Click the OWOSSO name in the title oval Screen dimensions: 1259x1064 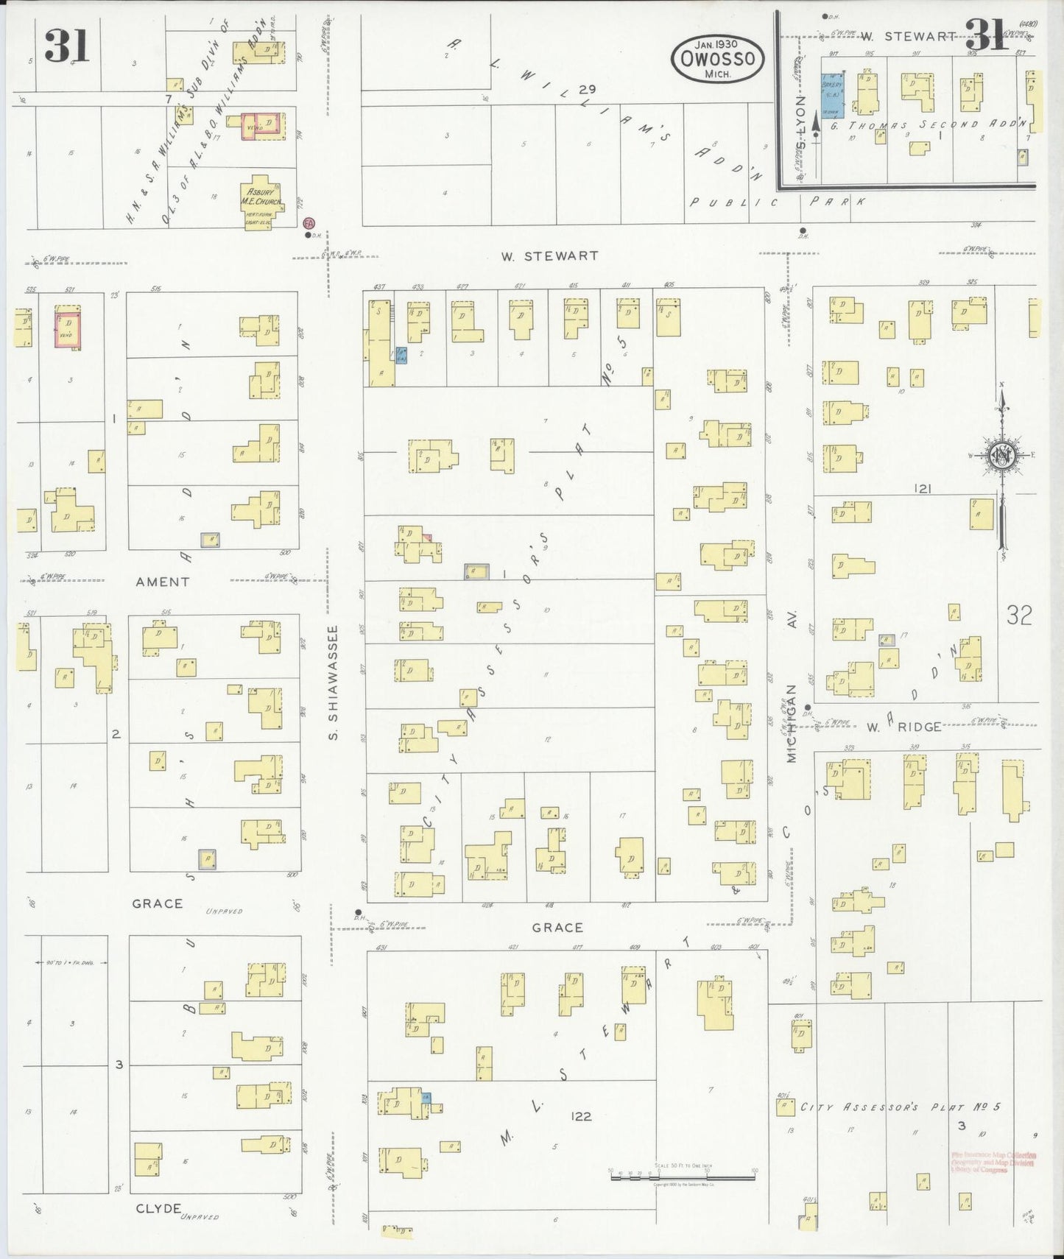click(717, 58)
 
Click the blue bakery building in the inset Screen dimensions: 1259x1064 click(832, 95)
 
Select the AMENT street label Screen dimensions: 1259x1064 click(163, 582)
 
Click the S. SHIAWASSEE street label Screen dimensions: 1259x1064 click(333, 683)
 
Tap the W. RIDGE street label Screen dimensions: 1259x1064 click(904, 727)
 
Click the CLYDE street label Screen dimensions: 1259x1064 click(158, 1208)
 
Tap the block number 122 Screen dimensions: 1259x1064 click(581, 1116)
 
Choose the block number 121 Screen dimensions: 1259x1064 click(923, 488)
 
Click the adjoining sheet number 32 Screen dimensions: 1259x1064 click(1019, 615)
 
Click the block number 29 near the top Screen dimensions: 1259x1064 click(587, 89)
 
